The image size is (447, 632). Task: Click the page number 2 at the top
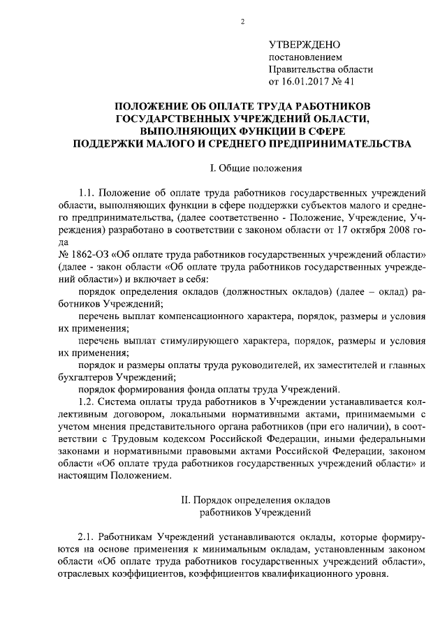242,22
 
